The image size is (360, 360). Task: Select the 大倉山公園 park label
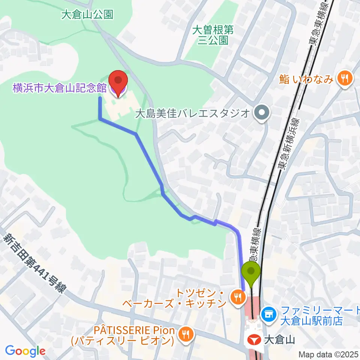coord(87,15)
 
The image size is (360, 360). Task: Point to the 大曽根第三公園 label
coord(213,35)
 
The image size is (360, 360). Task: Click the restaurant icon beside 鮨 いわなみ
coord(343,78)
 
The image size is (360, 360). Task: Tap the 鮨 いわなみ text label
coord(307,79)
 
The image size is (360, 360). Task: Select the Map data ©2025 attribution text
coord(328,354)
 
